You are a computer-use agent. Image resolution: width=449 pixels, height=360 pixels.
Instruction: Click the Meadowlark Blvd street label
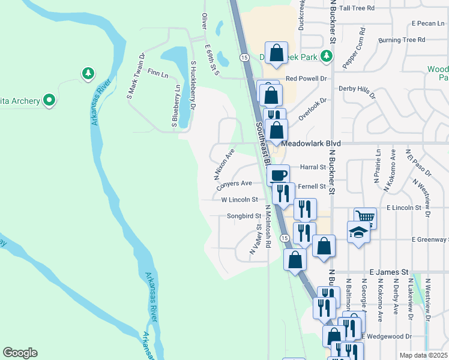(x=310, y=144)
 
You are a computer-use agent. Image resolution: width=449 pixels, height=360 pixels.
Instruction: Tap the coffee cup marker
(x=278, y=175)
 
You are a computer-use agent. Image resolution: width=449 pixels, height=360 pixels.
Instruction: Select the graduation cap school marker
(x=358, y=232)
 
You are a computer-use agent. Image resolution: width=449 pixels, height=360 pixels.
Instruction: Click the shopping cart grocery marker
(x=365, y=217)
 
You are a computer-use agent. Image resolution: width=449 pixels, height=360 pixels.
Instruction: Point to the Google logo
(x=20, y=353)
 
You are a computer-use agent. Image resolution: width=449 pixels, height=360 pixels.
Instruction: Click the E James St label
(x=389, y=272)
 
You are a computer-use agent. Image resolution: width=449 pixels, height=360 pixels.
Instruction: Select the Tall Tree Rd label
(x=357, y=8)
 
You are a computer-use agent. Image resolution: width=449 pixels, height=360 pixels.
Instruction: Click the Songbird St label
(x=244, y=216)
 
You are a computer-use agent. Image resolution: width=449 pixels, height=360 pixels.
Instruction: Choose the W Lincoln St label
(x=239, y=199)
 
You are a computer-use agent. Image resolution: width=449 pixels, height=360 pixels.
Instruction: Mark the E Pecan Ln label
(x=427, y=24)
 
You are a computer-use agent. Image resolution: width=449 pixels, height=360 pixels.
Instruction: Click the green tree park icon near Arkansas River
(x=88, y=73)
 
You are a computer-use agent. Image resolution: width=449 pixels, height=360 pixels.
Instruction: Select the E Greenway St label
(x=430, y=239)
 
